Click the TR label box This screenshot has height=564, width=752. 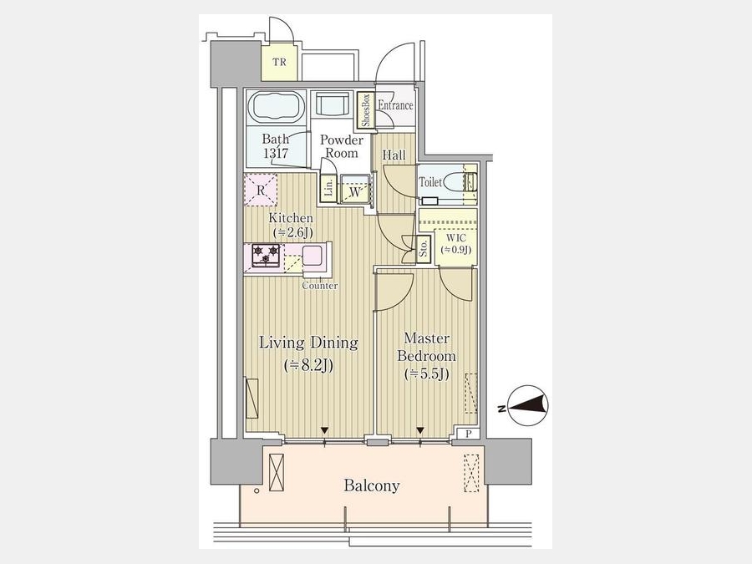pyautogui.click(x=279, y=63)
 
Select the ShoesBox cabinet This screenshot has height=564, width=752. pyautogui.click(x=366, y=111)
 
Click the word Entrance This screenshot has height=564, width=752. pyautogui.click(x=395, y=105)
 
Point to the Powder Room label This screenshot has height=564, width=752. pyautogui.click(x=342, y=146)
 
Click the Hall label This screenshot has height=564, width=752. pyautogui.click(x=394, y=155)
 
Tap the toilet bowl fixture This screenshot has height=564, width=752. pyautogui.click(x=454, y=182)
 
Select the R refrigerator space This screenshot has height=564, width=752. pyautogui.click(x=261, y=190)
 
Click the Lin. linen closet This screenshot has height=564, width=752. pyautogui.click(x=328, y=187)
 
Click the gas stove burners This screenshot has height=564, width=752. pyautogui.click(x=266, y=256)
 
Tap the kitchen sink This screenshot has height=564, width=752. pyautogui.click(x=312, y=254)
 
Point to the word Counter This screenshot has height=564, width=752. pyautogui.click(x=320, y=286)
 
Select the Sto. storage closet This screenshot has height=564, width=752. pyautogui.click(x=423, y=249)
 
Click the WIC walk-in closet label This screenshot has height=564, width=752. pyautogui.click(x=455, y=244)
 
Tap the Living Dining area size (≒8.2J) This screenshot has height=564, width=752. pyautogui.click(x=308, y=366)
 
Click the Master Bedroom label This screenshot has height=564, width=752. pyautogui.click(x=426, y=348)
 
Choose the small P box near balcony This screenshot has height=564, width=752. pyautogui.click(x=469, y=434)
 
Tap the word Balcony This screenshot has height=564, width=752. pyautogui.click(x=372, y=485)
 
